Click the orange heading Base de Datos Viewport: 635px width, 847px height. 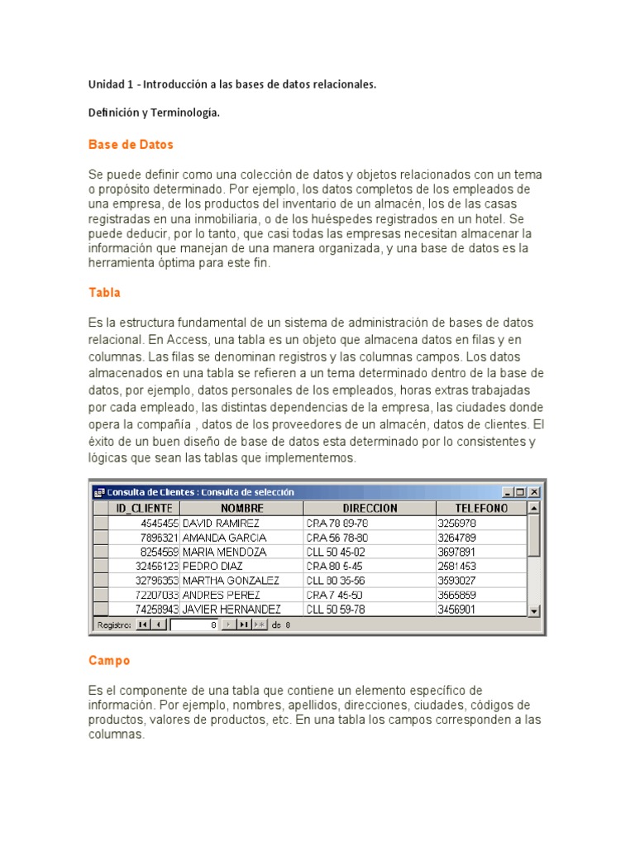pyautogui.click(x=131, y=145)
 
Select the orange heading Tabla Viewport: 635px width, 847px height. pyautogui.click(x=104, y=293)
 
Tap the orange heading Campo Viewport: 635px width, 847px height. pyautogui.click(x=109, y=661)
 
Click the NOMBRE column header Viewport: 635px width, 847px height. pyautogui.click(x=241, y=508)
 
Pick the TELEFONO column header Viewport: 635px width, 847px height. pyautogui.click(x=481, y=508)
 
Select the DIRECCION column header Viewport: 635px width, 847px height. pyautogui.click(x=370, y=508)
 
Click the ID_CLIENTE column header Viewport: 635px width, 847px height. pyautogui.click(x=144, y=508)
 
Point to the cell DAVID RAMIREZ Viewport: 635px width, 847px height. pyautogui.click(x=221, y=524)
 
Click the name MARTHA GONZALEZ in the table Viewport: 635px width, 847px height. pyautogui.click(x=231, y=581)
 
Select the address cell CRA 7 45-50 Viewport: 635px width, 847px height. pyautogui.click(x=336, y=595)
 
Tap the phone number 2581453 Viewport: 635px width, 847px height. pyautogui.click(x=456, y=567)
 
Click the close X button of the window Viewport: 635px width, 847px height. pyautogui.click(x=534, y=491)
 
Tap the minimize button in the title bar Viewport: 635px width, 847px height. pyautogui.click(x=508, y=491)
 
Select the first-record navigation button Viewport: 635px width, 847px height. pyautogui.click(x=143, y=624)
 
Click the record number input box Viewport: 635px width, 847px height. pyautogui.click(x=194, y=624)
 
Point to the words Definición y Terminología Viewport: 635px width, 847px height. pyautogui.click(x=154, y=113)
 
